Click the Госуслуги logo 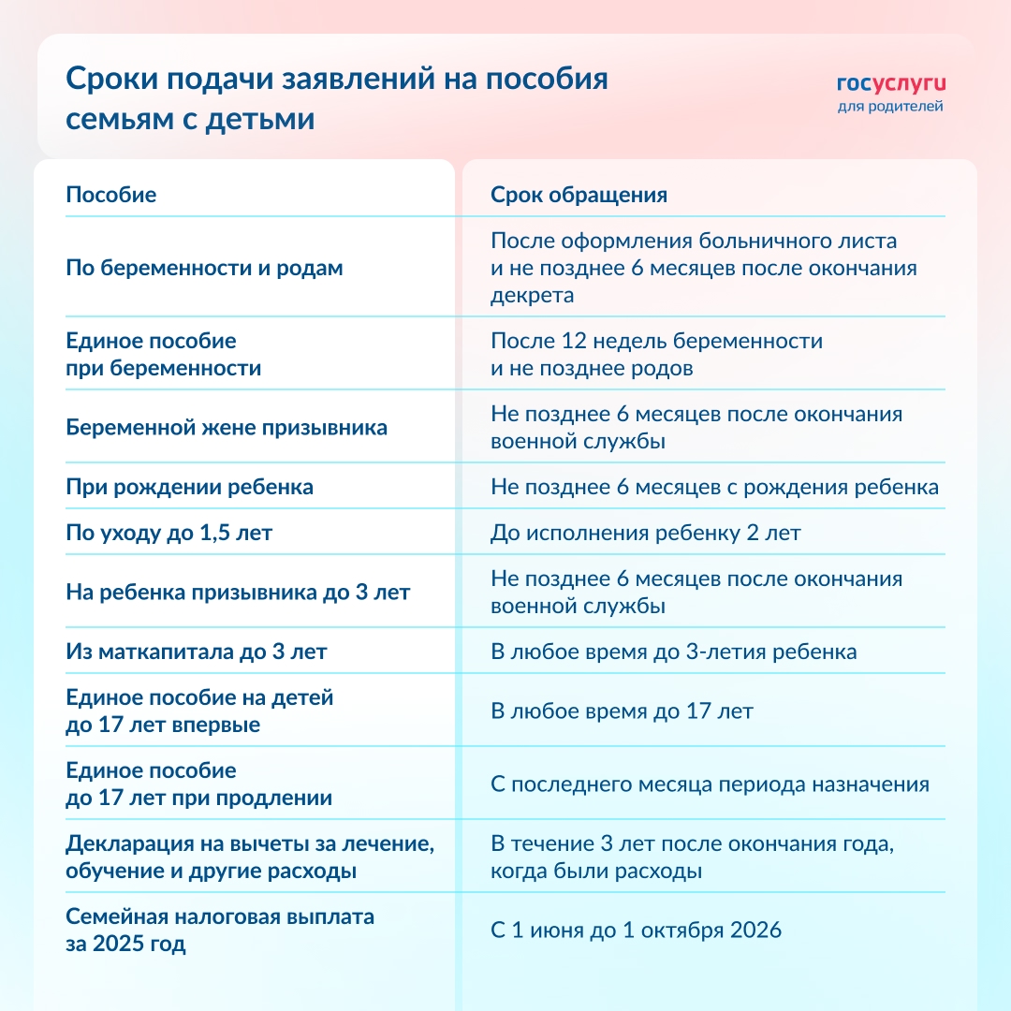890,83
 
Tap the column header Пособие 110,195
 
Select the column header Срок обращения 579,195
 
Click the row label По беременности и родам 204,268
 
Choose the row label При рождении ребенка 189,487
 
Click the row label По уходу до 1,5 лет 169,534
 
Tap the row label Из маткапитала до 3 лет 196,652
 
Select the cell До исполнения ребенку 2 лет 646,534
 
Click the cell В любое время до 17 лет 622,711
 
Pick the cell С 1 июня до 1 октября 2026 636,930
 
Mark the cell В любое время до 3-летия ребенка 673,652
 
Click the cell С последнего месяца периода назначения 710,784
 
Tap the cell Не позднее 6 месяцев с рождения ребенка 714,487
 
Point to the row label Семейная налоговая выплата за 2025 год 219,930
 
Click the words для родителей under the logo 890,106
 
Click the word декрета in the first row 532,296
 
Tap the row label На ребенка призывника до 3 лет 238,593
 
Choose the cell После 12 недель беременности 656,341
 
